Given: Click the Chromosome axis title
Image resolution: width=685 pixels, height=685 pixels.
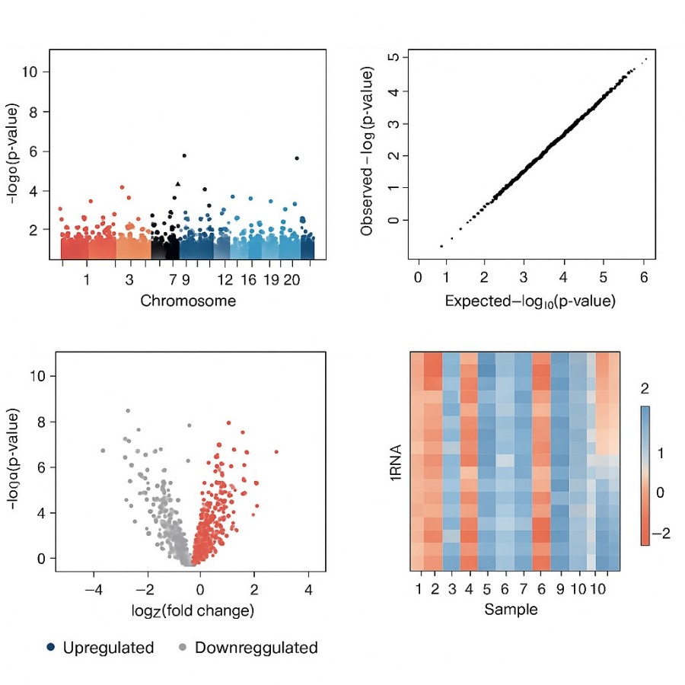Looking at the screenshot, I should point(188,301).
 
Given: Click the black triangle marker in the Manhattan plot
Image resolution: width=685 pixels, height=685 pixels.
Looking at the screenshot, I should point(178,183).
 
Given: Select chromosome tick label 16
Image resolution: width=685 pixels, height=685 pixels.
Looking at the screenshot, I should point(249,280).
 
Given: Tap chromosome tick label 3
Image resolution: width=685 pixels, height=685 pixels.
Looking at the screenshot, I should point(129,280).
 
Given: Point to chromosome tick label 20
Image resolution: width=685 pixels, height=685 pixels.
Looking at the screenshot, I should point(291,280).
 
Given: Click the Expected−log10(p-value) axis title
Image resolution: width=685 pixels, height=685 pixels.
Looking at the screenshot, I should point(530,301).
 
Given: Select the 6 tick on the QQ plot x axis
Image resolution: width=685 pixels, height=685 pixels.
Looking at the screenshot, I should point(644,278).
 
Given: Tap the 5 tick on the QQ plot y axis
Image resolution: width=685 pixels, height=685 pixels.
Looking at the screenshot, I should point(393,57).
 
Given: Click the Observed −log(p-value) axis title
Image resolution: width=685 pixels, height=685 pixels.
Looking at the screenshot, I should point(368,152).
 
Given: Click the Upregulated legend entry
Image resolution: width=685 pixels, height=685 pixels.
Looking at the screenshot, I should point(100,648).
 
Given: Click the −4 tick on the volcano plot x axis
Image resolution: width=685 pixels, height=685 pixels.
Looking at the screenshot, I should point(93,588).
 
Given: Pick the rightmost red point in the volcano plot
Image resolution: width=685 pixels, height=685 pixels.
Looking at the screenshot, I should point(276,452).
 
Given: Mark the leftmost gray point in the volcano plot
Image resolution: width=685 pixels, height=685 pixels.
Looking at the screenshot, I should point(103,451).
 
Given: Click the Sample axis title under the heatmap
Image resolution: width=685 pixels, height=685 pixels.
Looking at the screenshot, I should point(511,610).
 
